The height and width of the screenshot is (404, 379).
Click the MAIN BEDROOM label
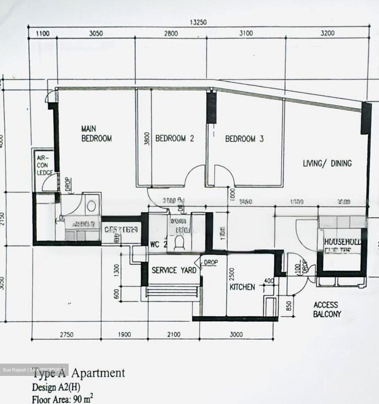96,134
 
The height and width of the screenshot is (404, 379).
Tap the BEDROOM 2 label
174,138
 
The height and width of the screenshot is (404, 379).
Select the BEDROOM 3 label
244,139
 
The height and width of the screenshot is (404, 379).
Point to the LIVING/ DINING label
327,163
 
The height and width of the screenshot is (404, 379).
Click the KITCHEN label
242,287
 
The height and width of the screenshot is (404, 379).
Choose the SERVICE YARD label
174,270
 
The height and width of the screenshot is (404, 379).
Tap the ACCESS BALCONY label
327,309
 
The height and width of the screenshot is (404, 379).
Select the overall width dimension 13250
198,22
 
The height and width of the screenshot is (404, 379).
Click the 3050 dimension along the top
96,33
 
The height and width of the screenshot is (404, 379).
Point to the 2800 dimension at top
171,33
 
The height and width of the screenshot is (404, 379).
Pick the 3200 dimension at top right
327,33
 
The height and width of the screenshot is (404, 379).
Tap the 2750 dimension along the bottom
67,334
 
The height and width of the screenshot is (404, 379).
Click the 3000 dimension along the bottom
236,334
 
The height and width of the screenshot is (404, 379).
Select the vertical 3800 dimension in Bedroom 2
147,139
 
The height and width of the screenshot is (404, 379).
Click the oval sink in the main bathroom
91,206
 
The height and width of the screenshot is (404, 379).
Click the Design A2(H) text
56,387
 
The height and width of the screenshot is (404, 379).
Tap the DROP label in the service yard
211,262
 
